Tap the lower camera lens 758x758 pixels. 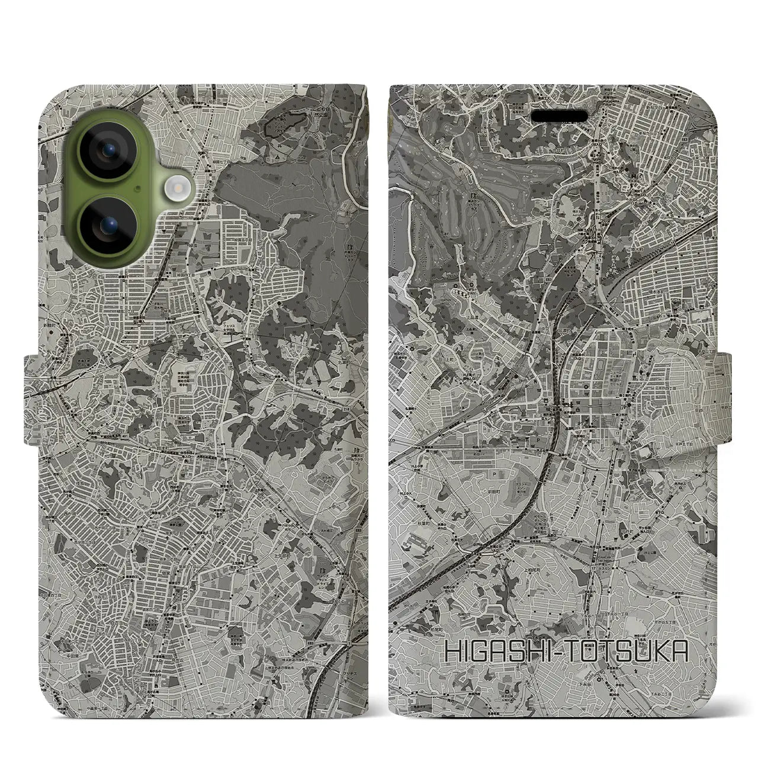pyautogui.click(x=108, y=226)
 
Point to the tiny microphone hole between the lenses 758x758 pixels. pyautogui.click(x=137, y=189)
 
